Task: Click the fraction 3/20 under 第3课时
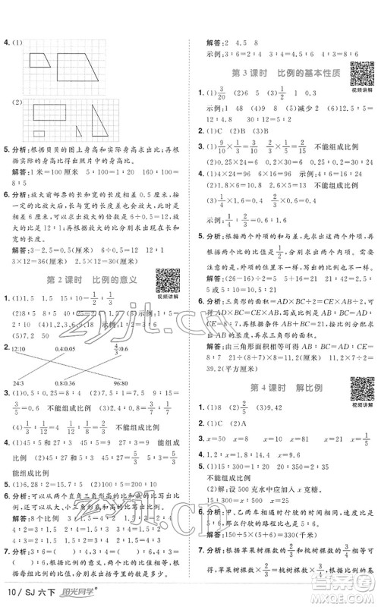(x=226, y=94)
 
